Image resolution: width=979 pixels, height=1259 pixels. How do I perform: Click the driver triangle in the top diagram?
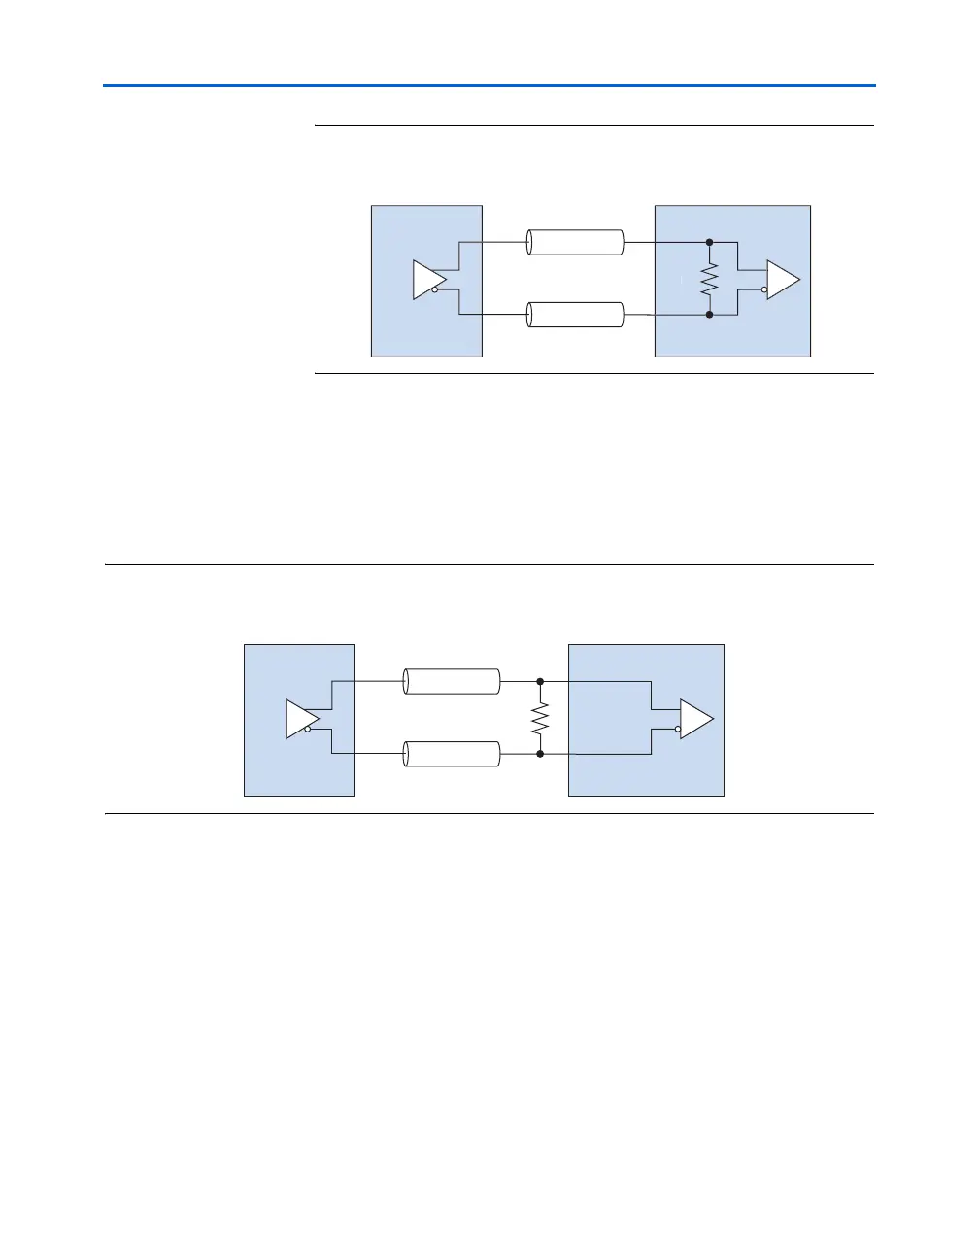click(426, 279)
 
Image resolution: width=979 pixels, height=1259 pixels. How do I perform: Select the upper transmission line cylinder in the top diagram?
click(575, 242)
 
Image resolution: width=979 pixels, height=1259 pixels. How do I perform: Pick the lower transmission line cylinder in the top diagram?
click(575, 315)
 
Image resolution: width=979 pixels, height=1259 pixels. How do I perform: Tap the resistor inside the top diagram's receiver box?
click(710, 279)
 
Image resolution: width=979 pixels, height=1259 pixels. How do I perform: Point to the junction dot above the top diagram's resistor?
click(710, 242)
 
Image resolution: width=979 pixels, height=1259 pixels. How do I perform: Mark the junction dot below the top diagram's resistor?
click(710, 315)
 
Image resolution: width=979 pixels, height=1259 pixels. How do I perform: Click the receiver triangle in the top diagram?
click(782, 279)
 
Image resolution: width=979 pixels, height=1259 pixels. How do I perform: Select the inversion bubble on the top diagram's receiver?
click(764, 289)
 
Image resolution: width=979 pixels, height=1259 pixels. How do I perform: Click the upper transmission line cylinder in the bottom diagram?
click(452, 681)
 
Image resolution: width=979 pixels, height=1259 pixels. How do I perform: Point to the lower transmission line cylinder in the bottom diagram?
click(452, 754)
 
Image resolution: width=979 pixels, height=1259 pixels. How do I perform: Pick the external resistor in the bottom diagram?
click(540, 718)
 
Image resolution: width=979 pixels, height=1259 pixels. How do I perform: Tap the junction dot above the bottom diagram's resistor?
click(540, 682)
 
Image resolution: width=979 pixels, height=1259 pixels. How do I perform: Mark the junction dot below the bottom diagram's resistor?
click(540, 753)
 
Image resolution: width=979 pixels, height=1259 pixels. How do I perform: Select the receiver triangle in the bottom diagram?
click(694, 719)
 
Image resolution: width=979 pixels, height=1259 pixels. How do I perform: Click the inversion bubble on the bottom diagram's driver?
click(308, 729)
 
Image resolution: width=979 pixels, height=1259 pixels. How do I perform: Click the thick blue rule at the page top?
click(489, 85)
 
